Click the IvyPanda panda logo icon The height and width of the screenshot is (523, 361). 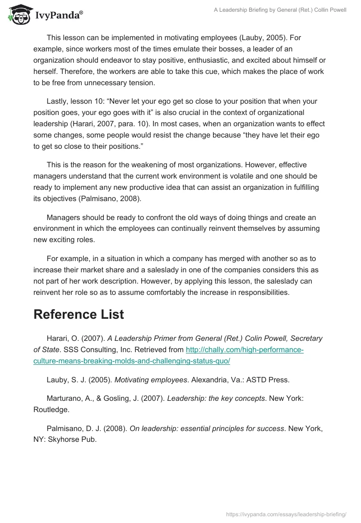tap(17, 14)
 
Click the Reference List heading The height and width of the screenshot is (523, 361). tap(79, 314)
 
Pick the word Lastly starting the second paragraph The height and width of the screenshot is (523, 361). tap(58, 101)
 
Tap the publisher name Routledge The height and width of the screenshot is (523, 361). tap(51, 409)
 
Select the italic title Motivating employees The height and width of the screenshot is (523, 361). tap(151, 380)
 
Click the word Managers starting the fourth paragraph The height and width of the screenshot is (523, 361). tap(64, 217)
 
